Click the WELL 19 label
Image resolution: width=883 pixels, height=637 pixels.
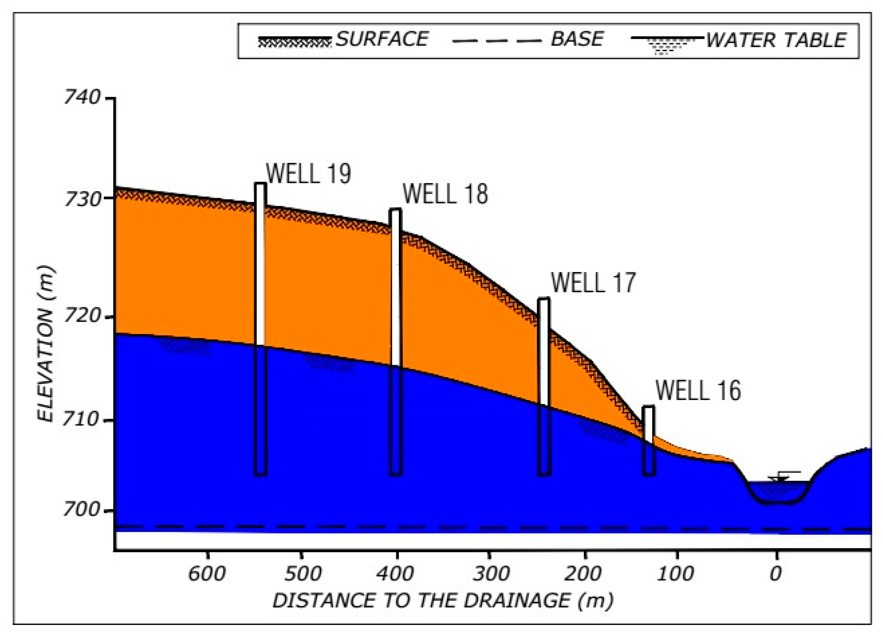pyautogui.click(x=308, y=174)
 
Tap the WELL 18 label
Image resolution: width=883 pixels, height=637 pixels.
pyautogui.click(x=445, y=195)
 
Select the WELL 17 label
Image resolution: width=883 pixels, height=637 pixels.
pyautogui.click(x=593, y=283)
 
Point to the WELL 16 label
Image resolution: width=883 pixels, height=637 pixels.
pyautogui.click(x=698, y=391)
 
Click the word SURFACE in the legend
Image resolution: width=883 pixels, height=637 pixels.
pyautogui.click(x=382, y=39)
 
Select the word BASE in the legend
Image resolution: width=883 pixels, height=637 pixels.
pyautogui.click(x=577, y=39)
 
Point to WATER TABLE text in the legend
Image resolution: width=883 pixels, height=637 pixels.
pyautogui.click(x=776, y=40)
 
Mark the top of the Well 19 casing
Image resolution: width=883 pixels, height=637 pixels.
pyautogui.click(x=261, y=183)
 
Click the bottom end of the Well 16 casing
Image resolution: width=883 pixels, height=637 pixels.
pyautogui.click(x=649, y=475)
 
